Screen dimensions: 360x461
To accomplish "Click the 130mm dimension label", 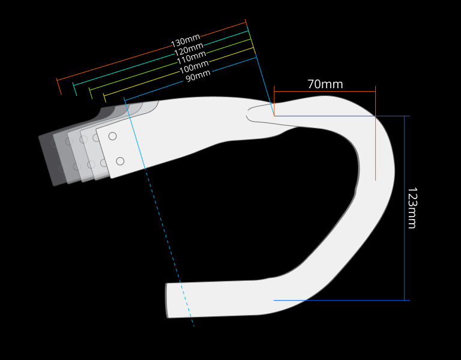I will pos(185,41).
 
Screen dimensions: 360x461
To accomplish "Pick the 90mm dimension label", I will pos(198,76).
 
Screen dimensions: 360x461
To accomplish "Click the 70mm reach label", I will pos(325,84).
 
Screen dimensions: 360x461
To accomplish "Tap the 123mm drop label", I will pos(412,208).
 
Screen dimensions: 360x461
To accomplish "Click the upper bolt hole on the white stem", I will pos(112,136).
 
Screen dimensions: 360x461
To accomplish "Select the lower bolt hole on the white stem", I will pos(120,161).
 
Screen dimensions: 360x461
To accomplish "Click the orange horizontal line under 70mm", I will pos(324,91).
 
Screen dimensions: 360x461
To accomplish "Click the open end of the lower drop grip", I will pos(167,301).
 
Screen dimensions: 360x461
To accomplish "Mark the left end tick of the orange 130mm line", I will pos(59,86).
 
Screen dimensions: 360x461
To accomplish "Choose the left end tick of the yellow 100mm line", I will pos(105,98).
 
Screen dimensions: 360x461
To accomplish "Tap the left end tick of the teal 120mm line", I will pos(74,89).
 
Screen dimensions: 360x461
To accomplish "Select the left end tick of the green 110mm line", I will pos(91,93).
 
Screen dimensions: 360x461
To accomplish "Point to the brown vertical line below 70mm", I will pos(376,150).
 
